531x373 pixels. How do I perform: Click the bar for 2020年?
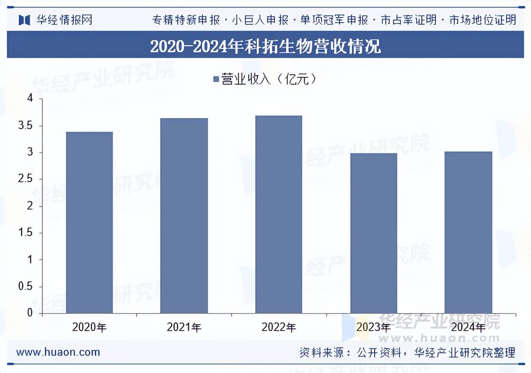pos(89,222)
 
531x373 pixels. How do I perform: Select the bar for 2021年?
pos(184,216)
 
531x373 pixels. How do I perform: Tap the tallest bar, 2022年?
pos(279,214)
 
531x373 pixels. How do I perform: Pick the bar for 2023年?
pos(373,233)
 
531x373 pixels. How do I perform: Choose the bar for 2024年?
pos(468,232)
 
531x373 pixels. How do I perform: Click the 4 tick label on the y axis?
pos(30,99)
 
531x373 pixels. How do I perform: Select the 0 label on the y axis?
pos(30,313)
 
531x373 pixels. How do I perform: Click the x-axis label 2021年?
pos(184,328)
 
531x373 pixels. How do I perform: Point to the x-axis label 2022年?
pos(279,328)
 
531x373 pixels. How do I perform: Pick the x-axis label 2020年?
pos(89,328)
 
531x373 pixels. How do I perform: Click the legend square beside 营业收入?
pos(216,79)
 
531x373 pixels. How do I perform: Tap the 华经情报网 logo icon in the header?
pos(24,20)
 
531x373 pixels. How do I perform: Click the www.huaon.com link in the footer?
pos(58,352)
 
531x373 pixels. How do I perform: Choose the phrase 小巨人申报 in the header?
pos(260,20)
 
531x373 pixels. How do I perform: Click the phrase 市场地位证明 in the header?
pos(483,20)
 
